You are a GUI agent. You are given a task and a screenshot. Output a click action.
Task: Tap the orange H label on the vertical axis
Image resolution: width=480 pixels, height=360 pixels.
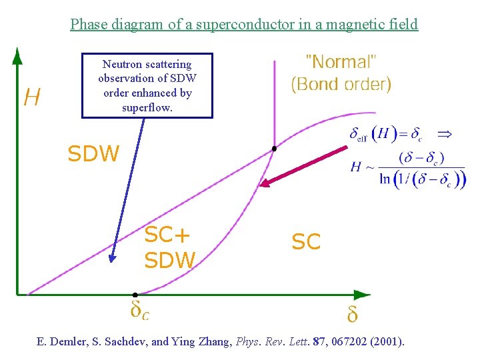pos(31,98)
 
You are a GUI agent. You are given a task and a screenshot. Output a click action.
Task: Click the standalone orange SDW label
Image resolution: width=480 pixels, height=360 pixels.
pos(93,155)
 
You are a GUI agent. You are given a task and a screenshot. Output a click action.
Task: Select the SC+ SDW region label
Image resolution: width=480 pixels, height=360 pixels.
pos(169,247)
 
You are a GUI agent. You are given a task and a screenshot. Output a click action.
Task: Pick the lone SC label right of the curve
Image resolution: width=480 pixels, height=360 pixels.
pos(306,242)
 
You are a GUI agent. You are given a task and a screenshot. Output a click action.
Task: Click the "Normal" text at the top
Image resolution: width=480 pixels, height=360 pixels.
pos(341,63)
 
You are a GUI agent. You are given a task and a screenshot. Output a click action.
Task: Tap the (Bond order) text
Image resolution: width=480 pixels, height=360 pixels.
pos(341,85)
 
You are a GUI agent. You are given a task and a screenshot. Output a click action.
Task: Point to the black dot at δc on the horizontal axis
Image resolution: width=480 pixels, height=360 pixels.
pos(135,294)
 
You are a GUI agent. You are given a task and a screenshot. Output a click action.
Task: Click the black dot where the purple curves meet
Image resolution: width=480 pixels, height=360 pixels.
pos(273,149)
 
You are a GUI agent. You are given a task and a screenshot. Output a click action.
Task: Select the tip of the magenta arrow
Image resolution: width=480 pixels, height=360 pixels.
pos(261,185)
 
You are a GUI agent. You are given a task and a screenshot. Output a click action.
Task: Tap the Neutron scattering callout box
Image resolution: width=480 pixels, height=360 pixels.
pos(147,86)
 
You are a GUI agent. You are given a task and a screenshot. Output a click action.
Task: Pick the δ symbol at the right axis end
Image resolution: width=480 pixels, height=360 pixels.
pos(352,314)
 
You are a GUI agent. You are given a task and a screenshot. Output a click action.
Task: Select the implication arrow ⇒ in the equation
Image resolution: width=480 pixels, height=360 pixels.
pos(444,134)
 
